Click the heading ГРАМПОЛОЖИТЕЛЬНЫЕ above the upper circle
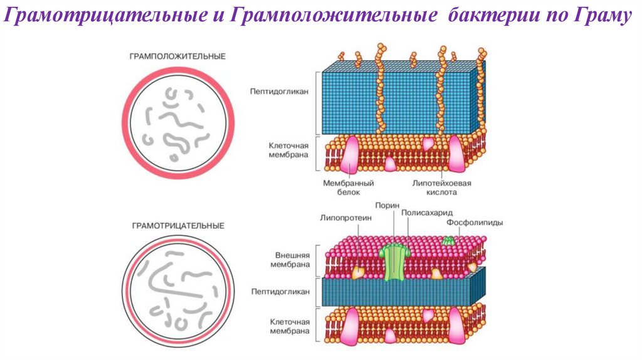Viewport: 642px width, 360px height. click(177, 56)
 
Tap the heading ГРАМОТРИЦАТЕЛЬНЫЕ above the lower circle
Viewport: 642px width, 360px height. click(177, 225)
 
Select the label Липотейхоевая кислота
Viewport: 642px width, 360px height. click(441, 188)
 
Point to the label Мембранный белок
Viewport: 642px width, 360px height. click(349, 188)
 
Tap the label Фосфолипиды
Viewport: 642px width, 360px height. click(475, 223)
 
